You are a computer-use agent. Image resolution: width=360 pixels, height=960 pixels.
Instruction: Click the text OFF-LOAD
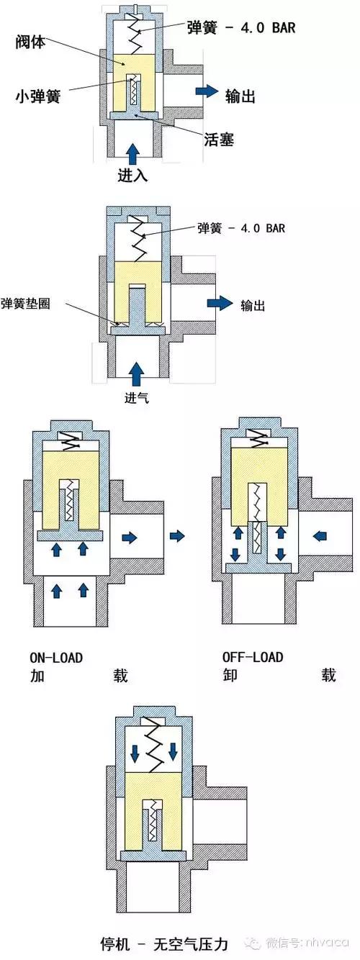(252, 658)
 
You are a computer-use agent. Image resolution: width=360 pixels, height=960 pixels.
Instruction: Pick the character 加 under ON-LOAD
(37, 676)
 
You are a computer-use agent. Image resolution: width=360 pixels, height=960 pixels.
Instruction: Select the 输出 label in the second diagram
(253, 305)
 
